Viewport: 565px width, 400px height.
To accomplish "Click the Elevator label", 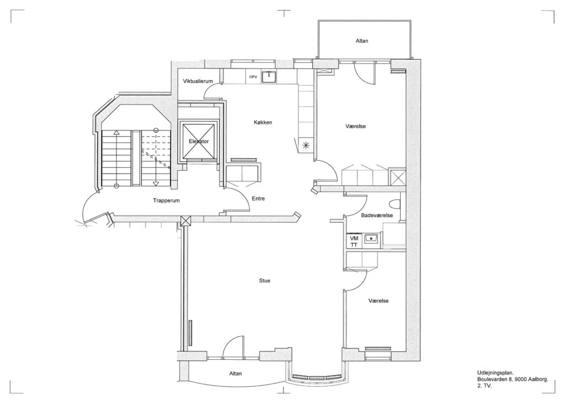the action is click(x=199, y=141).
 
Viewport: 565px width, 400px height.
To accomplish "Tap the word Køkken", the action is click(x=263, y=122).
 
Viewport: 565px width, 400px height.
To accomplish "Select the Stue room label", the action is click(x=264, y=281).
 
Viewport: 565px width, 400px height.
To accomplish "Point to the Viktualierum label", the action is click(x=198, y=81).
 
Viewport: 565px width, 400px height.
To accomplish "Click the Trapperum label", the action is click(x=166, y=201).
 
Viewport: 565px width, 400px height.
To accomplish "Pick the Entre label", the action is click(x=258, y=198).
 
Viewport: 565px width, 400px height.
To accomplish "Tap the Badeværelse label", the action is click(x=377, y=215).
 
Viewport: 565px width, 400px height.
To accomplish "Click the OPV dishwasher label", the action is click(x=253, y=77).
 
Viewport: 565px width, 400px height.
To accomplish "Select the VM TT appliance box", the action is click(x=354, y=241).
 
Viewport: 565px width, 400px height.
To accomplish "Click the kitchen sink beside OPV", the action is click(x=269, y=76).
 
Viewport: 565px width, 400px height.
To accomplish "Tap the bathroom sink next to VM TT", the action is click(x=371, y=239).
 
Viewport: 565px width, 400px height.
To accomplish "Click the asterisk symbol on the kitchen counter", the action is click(x=306, y=145).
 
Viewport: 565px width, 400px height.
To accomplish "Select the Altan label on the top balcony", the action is click(x=362, y=41).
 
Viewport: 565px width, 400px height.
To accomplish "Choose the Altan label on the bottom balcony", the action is click(x=236, y=373).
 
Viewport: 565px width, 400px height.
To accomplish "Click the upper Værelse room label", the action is click(x=356, y=126).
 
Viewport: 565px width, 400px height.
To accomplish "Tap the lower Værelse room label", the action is click(x=379, y=301).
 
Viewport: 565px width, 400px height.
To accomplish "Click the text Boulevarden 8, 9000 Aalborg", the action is click(x=513, y=379).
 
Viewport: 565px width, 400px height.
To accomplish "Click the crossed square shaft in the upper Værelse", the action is click(x=397, y=177).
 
